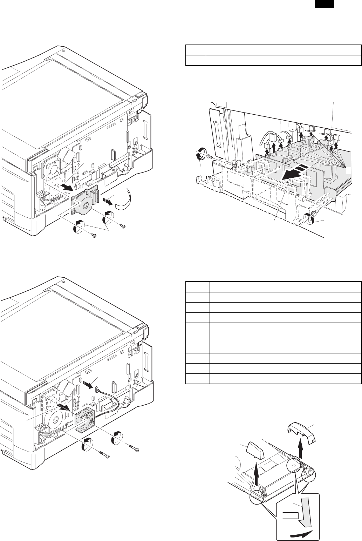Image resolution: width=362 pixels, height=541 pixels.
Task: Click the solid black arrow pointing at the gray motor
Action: tap(66, 186)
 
